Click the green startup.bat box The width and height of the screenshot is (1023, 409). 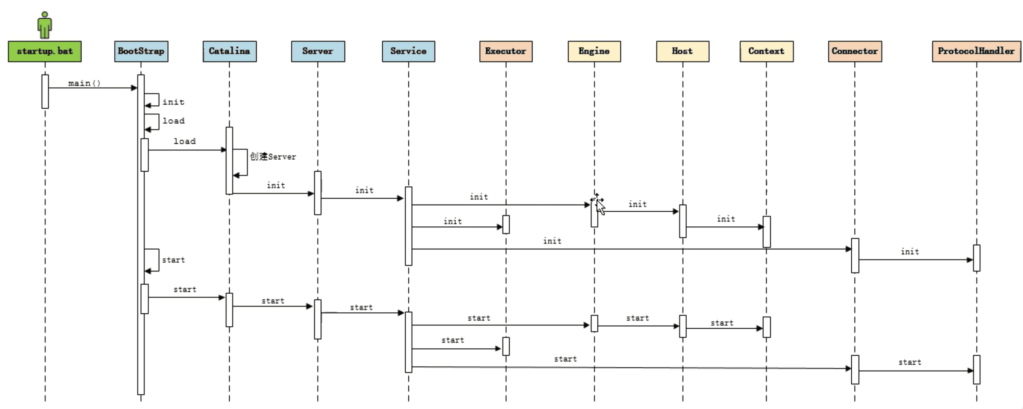pyautogui.click(x=45, y=51)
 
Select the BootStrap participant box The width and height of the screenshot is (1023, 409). pyautogui.click(x=141, y=51)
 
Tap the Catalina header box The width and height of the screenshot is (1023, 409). pyautogui.click(x=230, y=51)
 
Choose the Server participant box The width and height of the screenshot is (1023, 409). pyautogui.click(x=318, y=51)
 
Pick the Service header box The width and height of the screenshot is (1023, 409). pyautogui.click(x=408, y=51)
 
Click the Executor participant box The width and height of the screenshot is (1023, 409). pyautogui.click(x=506, y=51)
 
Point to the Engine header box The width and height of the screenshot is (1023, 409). pyautogui.click(x=594, y=51)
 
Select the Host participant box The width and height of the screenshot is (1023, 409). pyautogui.click(x=682, y=51)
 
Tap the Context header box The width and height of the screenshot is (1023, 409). pyautogui.click(x=766, y=51)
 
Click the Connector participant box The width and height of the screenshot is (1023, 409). pyautogui.click(x=854, y=51)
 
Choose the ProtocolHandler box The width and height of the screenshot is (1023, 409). pyautogui.click(x=976, y=51)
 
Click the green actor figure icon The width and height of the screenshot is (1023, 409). pyautogui.click(x=45, y=25)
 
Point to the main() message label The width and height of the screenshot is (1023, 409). pyautogui.click(x=84, y=83)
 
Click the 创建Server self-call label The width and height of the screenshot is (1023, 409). pyautogui.click(x=273, y=157)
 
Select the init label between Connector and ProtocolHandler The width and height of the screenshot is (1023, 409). pyautogui.click(x=910, y=251)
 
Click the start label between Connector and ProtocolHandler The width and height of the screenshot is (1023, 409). pyautogui.click(x=910, y=362)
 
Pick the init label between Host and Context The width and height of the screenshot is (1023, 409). pyautogui.click(x=726, y=219)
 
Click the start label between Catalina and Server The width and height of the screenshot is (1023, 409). pyautogui.click(x=273, y=301)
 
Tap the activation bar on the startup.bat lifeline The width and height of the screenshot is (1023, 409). pyautogui.click(x=45, y=91)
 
